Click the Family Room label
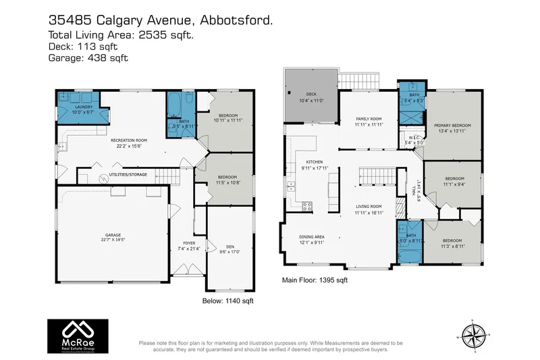pos(369,122)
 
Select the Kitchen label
pos(315,165)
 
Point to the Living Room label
pos(369,209)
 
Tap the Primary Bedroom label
pos(452,128)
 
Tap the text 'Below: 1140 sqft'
pos(227,300)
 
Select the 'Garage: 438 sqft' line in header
pos(88,59)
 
